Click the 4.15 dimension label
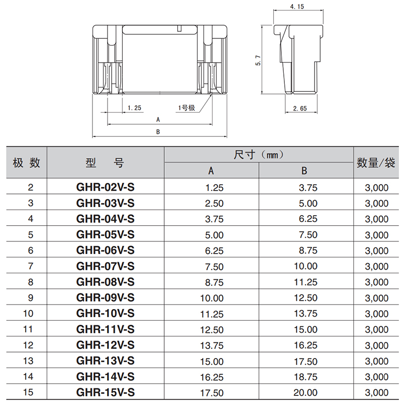click(x=297, y=7)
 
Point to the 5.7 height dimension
click(x=258, y=61)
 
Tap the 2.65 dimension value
click(x=300, y=109)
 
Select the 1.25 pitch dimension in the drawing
click(x=134, y=108)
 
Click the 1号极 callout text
click(x=186, y=108)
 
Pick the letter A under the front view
click(x=158, y=120)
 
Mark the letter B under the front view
click(x=158, y=132)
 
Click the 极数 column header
click(x=26, y=163)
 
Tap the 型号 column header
click(x=105, y=163)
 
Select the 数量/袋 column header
click(x=376, y=163)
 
